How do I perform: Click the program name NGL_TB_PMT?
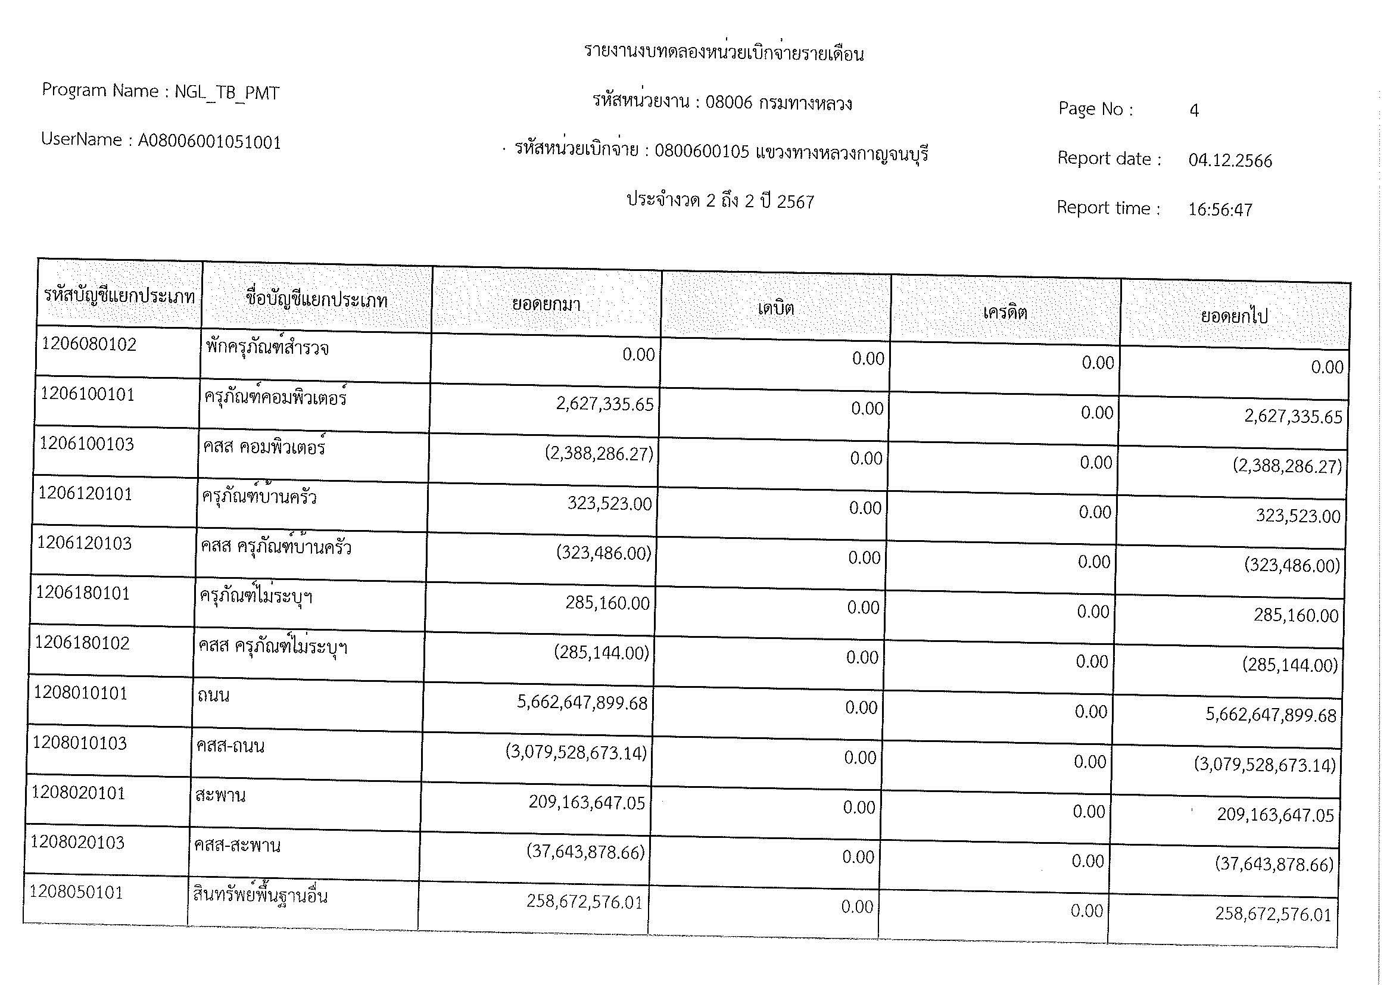tap(227, 93)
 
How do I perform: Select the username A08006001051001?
tap(209, 142)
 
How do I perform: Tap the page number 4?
tap(1194, 110)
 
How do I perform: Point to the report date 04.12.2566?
tap(1230, 161)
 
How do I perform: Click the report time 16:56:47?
tap(1220, 210)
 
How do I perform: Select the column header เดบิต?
tap(775, 308)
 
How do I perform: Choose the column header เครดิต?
tap(1005, 313)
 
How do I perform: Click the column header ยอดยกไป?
tap(1234, 316)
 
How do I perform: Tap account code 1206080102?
tap(89, 344)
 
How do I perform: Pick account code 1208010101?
tap(80, 693)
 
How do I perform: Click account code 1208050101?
tap(76, 892)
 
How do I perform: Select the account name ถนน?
tap(213, 696)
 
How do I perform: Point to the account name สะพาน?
tap(220, 795)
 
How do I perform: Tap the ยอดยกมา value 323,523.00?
tap(609, 503)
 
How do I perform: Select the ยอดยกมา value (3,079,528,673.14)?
tap(576, 753)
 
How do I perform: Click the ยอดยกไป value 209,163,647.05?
tap(1275, 815)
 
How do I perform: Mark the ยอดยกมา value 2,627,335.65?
tap(605, 404)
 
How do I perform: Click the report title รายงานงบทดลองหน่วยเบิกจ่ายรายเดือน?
tap(724, 54)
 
